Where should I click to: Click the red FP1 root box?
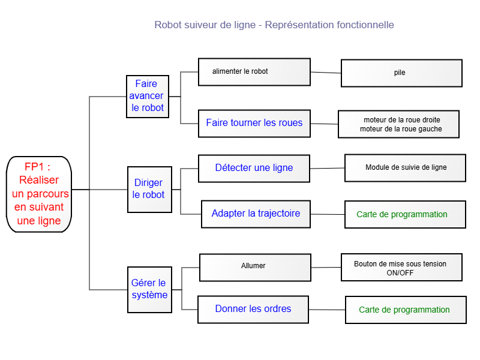[x=39, y=194]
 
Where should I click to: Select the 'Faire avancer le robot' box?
[x=148, y=97]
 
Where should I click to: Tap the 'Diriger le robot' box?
[x=149, y=190]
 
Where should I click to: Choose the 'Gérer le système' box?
[x=149, y=290]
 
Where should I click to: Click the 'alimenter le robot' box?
[x=254, y=72]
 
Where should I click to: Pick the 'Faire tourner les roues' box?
[x=254, y=124]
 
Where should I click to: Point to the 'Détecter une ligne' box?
[x=254, y=169]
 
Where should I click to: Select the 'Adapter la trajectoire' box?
[x=256, y=214]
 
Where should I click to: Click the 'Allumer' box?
[x=256, y=267]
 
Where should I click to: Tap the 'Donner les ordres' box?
[x=253, y=310]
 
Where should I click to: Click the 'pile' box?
[x=401, y=73]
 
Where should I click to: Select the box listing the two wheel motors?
[x=398, y=124]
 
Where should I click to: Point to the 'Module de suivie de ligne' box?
[x=406, y=168]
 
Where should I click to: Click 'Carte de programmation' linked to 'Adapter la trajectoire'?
[x=406, y=214]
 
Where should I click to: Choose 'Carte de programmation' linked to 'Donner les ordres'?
[x=406, y=310]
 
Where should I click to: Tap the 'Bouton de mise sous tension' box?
[x=401, y=267]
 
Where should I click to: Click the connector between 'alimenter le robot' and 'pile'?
[x=326, y=73]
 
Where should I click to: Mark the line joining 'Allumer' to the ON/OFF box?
[x=326, y=267]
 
